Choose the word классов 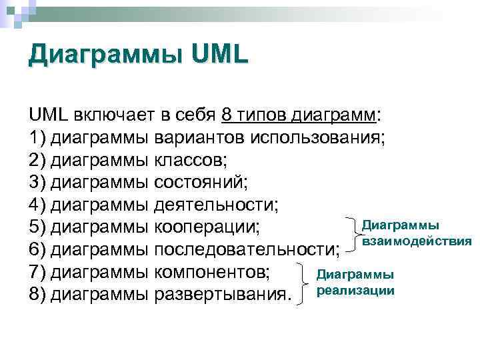[x=190, y=161]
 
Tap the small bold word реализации [x=356, y=291]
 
